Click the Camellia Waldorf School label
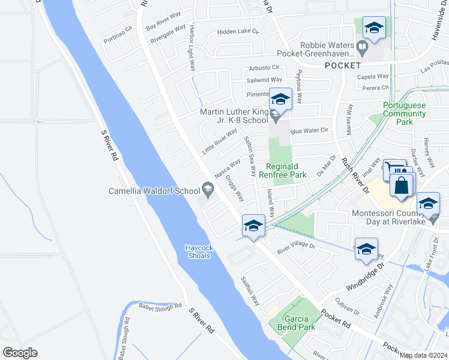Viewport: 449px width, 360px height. (x=154, y=191)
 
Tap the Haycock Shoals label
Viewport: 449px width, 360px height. (x=198, y=251)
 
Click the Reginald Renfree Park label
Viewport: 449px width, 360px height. (x=286, y=170)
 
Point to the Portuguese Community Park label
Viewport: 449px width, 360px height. (x=404, y=113)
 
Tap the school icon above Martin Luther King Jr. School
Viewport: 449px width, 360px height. (x=280, y=98)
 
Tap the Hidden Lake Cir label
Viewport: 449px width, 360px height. (x=238, y=31)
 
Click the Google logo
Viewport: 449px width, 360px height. (x=20, y=353)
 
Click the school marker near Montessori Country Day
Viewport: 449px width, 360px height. (x=429, y=204)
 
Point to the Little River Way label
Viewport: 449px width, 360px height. (x=220, y=142)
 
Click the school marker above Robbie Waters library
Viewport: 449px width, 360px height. (x=374, y=28)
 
